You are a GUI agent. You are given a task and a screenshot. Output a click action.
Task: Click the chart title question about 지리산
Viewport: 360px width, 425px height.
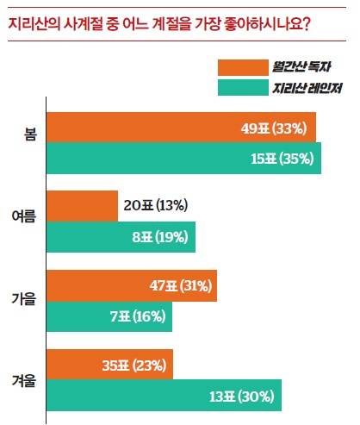[159, 24]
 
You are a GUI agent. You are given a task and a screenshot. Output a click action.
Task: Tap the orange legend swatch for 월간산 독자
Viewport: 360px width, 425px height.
[243, 68]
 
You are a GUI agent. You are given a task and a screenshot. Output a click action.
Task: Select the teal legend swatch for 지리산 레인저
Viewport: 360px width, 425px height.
[243, 88]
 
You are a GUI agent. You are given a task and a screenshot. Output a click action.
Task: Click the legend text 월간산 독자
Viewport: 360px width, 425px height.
[301, 66]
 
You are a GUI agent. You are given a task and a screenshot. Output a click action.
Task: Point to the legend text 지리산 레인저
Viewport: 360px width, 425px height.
[307, 88]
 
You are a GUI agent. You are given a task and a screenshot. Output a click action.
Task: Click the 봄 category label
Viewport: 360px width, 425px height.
[30, 134]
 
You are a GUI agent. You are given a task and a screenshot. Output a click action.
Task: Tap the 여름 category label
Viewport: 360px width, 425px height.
[24, 216]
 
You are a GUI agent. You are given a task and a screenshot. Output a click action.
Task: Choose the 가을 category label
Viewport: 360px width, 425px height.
[24, 299]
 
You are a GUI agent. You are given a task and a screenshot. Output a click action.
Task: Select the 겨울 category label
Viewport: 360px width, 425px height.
[24, 381]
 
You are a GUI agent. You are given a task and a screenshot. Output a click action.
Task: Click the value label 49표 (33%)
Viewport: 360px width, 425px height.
[274, 128]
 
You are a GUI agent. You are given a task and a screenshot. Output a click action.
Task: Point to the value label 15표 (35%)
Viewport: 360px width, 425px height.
[282, 159]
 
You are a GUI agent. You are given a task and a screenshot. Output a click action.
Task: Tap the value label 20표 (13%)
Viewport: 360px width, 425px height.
[156, 205]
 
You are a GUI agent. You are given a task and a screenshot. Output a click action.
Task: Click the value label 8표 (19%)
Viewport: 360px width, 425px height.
[160, 237]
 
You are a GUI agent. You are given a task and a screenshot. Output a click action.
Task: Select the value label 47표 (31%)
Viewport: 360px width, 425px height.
[181, 286]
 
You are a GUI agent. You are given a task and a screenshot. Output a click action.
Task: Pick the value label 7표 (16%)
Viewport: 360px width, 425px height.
[138, 316]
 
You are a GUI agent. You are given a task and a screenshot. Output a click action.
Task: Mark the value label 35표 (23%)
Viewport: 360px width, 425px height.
[134, 366]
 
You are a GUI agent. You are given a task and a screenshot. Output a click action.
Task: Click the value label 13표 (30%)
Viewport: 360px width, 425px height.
[242, 397]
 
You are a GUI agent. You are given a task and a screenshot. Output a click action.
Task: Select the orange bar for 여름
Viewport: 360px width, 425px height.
[82, 206]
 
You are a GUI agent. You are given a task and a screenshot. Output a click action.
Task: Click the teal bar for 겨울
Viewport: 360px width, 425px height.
[164, 395]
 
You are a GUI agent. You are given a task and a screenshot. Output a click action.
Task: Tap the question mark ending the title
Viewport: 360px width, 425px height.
[307, 24]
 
